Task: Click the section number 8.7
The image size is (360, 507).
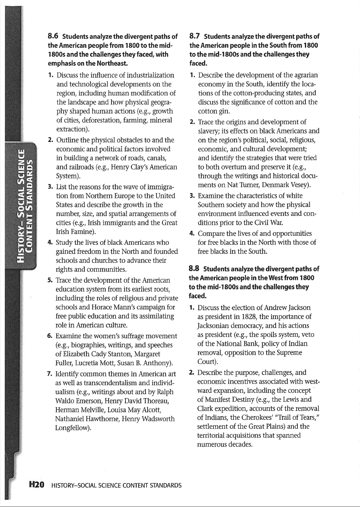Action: (x=195, y=37)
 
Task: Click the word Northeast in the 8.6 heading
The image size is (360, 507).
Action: (x=112, y=64)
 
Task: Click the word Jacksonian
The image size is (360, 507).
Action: (x=212, y=326)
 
